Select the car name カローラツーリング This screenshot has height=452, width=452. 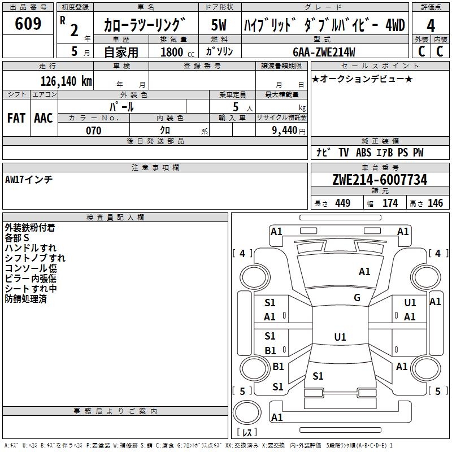[145, 25]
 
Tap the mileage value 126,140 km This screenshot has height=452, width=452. [66, 81]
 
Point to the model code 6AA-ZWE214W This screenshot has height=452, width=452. [324, 52]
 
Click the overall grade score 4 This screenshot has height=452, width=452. [431, 25]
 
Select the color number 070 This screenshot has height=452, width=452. [93, 131]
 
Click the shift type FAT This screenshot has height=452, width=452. [16, 118]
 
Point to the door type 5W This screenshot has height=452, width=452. [219, 25]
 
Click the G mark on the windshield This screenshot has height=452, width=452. [357, 298]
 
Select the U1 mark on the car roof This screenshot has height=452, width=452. [340, 337]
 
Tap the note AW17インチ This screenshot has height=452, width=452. [29, 179]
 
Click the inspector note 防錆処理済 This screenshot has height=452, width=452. [25, 299]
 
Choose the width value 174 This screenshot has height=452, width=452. [390, 203]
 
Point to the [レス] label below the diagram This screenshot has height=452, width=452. [246, 433]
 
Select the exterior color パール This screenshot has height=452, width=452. [121, 106]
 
